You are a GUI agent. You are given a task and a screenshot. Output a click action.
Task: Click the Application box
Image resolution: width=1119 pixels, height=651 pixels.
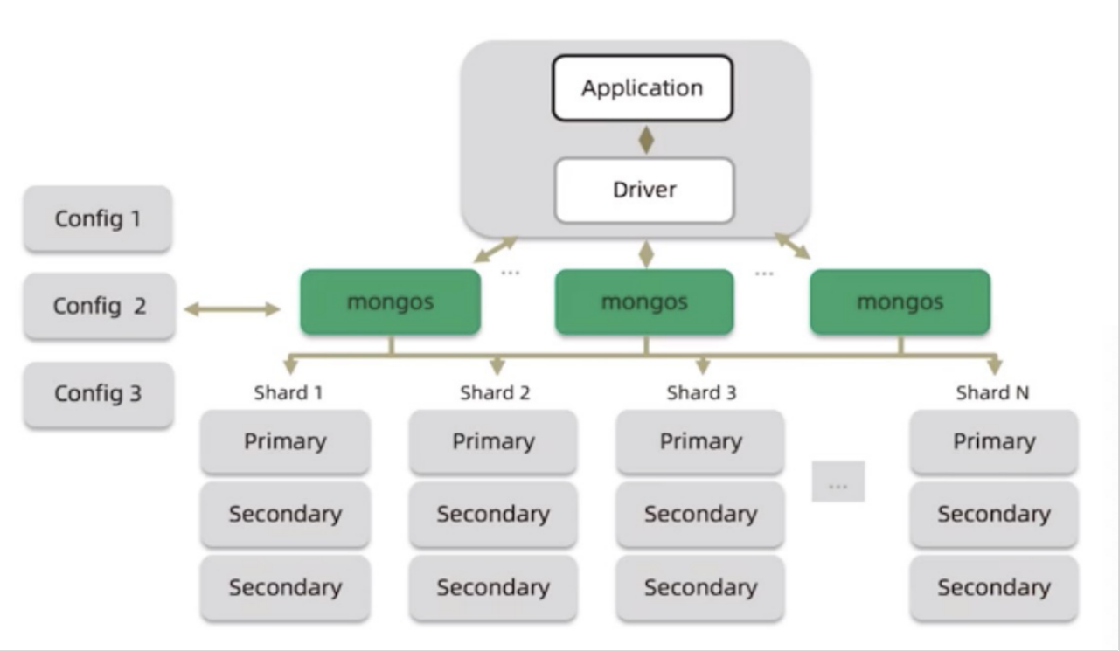point(643,88)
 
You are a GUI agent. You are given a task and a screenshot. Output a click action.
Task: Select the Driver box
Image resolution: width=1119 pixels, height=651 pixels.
point(644,190)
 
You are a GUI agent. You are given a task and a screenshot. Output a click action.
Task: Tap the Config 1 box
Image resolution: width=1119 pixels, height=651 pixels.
point(98,218)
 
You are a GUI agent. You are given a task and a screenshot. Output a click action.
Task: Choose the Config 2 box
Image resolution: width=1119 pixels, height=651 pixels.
point(100,306)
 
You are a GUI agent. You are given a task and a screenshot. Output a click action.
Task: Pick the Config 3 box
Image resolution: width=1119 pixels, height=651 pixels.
point(99,394)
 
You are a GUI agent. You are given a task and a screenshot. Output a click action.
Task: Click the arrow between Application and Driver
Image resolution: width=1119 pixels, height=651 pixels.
point(646,140)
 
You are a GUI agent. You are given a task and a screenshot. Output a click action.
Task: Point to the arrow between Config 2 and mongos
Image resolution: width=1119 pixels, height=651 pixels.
point(232,309)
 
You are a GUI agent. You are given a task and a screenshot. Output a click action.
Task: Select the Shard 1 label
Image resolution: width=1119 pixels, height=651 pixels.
point(288,393)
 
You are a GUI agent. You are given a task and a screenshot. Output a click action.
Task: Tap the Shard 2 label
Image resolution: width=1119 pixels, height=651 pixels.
point(495,393)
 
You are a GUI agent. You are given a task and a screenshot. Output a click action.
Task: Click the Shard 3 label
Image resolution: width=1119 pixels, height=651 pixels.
point(701,393)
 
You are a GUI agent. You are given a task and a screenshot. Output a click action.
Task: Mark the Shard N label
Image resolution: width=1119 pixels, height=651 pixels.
point(992,393)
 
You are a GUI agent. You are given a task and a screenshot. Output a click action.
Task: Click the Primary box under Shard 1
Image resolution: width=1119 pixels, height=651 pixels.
point(285,442)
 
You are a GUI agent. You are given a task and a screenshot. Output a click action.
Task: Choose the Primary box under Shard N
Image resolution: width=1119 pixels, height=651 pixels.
point(994,442)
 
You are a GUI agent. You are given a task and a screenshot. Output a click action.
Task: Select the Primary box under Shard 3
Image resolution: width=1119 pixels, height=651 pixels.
point(700,442)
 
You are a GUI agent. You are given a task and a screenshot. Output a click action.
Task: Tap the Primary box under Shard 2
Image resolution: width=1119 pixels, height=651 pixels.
point(493,442)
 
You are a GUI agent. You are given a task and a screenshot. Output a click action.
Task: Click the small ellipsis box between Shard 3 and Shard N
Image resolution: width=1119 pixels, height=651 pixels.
point(838,481)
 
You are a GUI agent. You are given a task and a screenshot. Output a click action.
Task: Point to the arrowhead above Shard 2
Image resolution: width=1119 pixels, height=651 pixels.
point(497,366)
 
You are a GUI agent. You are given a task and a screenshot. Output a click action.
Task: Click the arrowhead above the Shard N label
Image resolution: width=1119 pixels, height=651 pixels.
point(995,366)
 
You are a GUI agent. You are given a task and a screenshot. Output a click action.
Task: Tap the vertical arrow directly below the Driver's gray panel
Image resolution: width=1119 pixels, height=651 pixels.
point(646,254)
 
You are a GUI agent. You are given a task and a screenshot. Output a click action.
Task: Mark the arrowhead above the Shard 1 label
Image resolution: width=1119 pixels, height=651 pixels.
point(290,366)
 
